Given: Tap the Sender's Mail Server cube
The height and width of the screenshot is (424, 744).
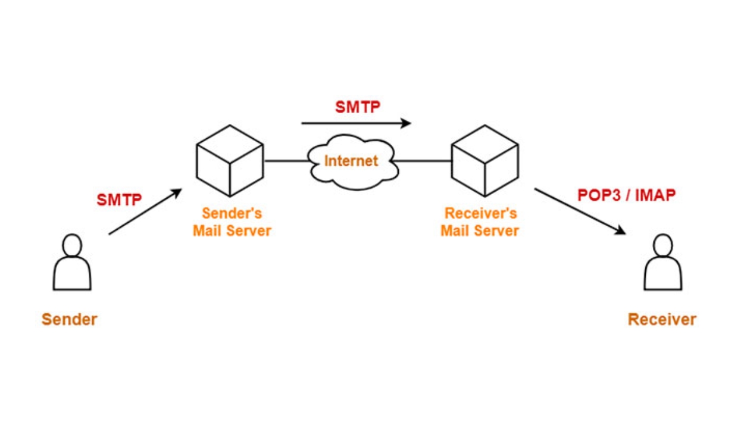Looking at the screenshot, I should pos(230,160).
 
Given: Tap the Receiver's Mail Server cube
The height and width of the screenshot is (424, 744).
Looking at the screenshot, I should pos(484,160).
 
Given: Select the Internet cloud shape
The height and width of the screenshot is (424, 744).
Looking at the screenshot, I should pos(351,173).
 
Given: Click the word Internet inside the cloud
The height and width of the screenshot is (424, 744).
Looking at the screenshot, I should pos(351,160).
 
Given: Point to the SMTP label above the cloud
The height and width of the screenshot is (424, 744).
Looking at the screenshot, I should pos(357,107).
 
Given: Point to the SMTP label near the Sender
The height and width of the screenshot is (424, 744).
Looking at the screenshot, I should pos(119,200).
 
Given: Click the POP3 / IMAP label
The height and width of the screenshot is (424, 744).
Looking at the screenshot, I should pos(626,195).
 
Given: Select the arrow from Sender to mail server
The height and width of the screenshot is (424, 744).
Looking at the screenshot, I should pos(145,212).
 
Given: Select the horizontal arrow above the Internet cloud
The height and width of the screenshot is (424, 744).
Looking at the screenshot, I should pos(356,123).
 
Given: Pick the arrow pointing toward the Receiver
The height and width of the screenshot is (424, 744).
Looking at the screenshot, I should pos(580,211).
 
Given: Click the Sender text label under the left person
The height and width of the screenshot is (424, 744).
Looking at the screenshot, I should pos(69,319).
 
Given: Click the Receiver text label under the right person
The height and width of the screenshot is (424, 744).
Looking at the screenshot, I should pos(662,319).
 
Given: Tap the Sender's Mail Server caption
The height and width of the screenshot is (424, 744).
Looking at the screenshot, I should pos(232,222).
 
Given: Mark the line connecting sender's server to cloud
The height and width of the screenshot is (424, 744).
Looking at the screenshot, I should pos(286,161).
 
